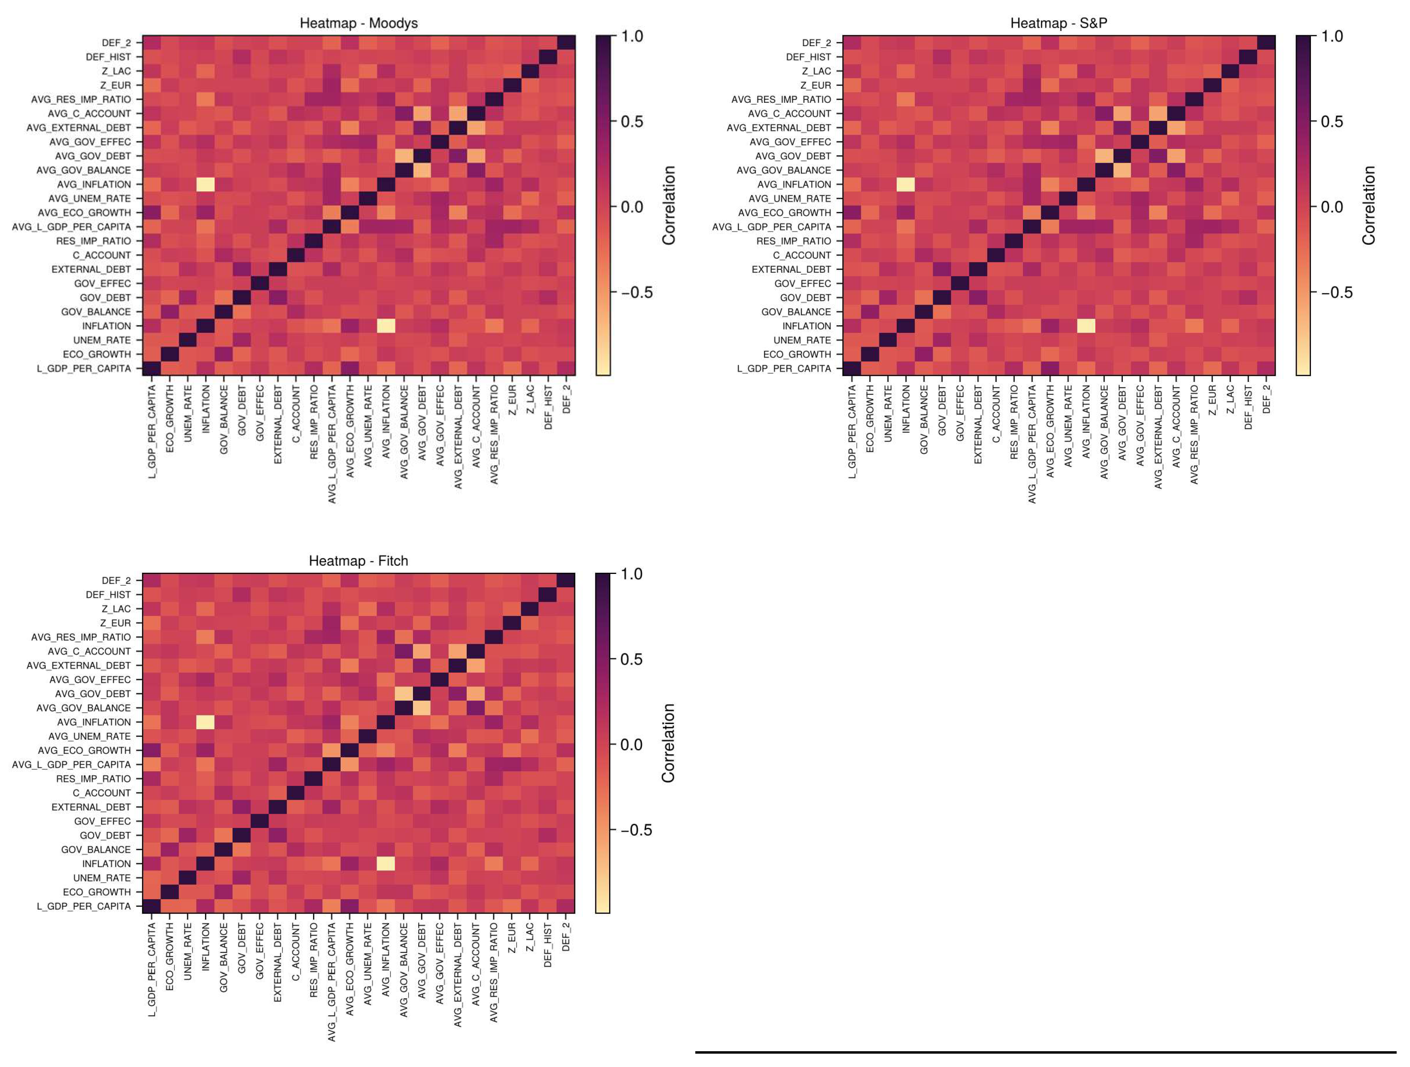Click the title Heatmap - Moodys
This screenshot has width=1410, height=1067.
pos(358,23)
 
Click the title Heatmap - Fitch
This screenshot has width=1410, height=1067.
pos(358,561)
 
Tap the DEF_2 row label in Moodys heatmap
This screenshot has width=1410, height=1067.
pos(116,43)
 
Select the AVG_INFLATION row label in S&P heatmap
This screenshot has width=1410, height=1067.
pos(799,184)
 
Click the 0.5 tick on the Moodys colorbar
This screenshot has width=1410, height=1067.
pos(632,121)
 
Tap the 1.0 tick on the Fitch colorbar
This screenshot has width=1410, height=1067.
pos(632,574)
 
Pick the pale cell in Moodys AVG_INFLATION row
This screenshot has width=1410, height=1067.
pos(205,184)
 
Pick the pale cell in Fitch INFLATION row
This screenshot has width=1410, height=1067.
pos(385,864)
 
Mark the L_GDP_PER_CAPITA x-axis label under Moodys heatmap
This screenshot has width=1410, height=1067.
pos(152,431)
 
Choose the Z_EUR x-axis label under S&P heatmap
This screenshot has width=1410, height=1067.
pos(1212,400)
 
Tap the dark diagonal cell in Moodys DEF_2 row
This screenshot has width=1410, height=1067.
pos(566,43)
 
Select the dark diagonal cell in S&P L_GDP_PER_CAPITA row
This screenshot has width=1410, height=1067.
pos(851,368)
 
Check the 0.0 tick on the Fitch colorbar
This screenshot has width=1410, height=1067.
pos(632,745)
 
